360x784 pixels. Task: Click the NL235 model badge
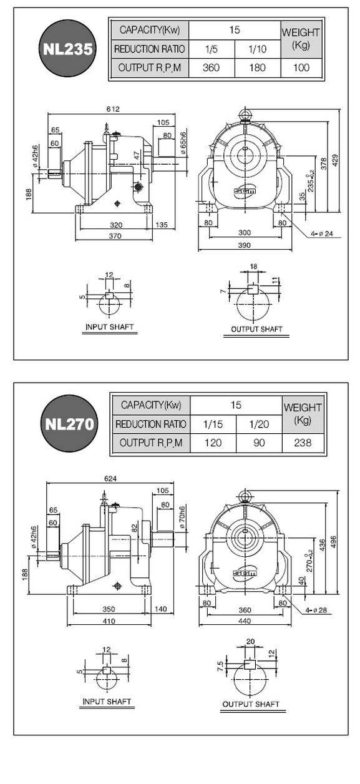point(67,49)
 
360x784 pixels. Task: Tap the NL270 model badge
point(69,424)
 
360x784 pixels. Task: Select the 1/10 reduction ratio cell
point(258,49)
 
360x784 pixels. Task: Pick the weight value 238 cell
point(303,443)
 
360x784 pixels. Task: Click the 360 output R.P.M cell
point(212,67)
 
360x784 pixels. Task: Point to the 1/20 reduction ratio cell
point(259,424)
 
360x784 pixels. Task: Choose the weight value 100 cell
point(301,67)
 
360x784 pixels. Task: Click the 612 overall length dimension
point(113,109)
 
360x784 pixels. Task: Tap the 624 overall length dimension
point(110,478)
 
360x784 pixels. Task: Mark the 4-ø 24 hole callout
point(322,233)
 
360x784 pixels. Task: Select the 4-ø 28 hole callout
point(316,610)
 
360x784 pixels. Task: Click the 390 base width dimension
point(244,245)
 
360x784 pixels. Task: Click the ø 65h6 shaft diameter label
point(183,143)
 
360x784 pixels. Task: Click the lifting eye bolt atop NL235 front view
point(245,115)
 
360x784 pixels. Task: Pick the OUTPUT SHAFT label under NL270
point(251,704)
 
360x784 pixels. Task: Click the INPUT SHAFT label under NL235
point(110,327)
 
